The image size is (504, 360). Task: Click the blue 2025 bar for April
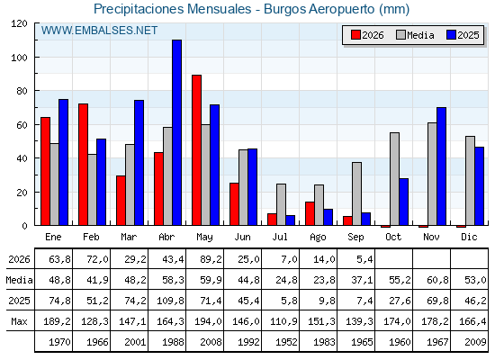[176, 132]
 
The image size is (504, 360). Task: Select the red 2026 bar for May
[197, 150]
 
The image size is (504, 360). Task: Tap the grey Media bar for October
[395, 179]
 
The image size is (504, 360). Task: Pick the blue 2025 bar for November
[442, 166]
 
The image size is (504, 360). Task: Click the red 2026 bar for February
[83, 164]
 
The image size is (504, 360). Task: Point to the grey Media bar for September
[356, 193]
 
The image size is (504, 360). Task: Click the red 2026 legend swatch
[355, 35]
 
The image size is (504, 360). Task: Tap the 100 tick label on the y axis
[19, 58]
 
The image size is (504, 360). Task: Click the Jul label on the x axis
[280, 238]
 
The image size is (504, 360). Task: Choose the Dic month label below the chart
[469, 238]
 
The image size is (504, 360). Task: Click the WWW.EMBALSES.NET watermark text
[99, 31]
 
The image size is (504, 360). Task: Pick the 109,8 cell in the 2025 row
[170, 301]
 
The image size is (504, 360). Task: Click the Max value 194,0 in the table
[208, 321]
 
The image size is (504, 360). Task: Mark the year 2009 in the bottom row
[475, 342]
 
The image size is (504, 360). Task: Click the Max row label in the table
[19, 321]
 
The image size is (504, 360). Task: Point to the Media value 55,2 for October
[400, 280]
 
